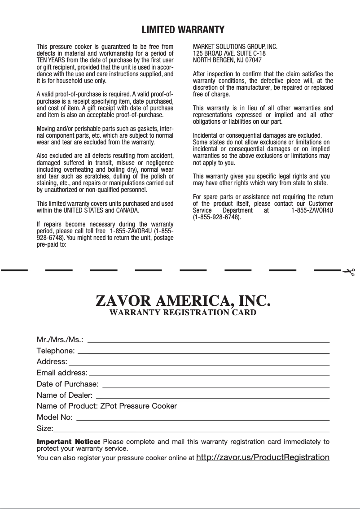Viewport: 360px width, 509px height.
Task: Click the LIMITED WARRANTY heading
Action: tap(183, 30)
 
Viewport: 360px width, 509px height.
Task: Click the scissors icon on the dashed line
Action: tap(348, 272)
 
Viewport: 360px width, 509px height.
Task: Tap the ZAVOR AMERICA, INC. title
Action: tap(183, 300)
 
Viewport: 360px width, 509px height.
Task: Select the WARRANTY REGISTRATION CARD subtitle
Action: tap(183, 312)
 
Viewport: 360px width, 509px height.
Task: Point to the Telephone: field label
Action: tap(56, 350)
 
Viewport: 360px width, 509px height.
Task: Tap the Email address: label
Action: tap(62, 373)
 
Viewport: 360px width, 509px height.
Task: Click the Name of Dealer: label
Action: tap(65, 395)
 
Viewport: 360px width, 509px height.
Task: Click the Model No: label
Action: tap(54, 418)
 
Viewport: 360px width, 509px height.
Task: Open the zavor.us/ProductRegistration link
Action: tap(263, 457)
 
